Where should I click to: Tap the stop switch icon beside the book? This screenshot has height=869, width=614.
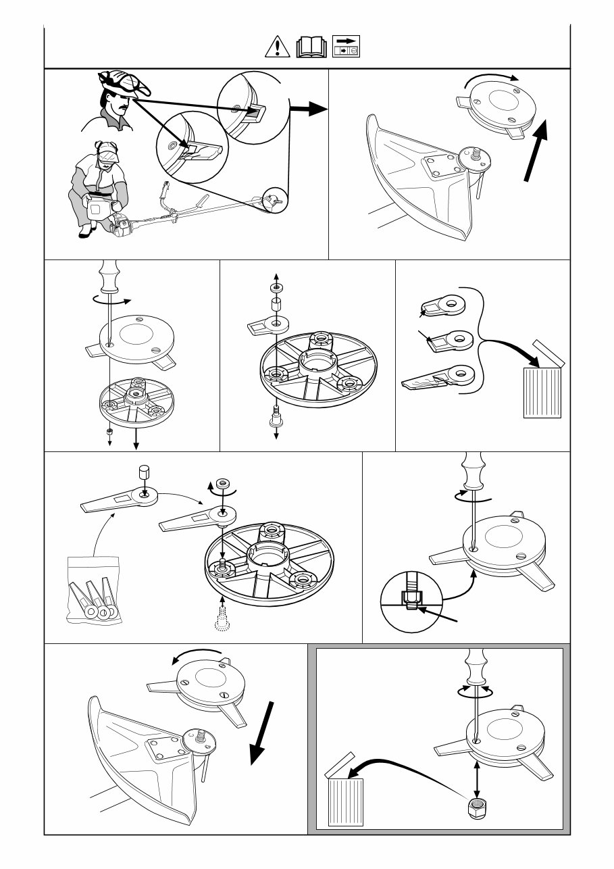click(x=347, y=46)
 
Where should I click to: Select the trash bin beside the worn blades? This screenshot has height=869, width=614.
click(x=542, y=391)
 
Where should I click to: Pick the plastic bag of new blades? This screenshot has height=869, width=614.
click(x=94, y=589)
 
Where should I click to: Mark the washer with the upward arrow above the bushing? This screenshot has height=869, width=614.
click(x=277, y=288)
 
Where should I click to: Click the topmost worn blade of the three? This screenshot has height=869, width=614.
click(x=443, y=305)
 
